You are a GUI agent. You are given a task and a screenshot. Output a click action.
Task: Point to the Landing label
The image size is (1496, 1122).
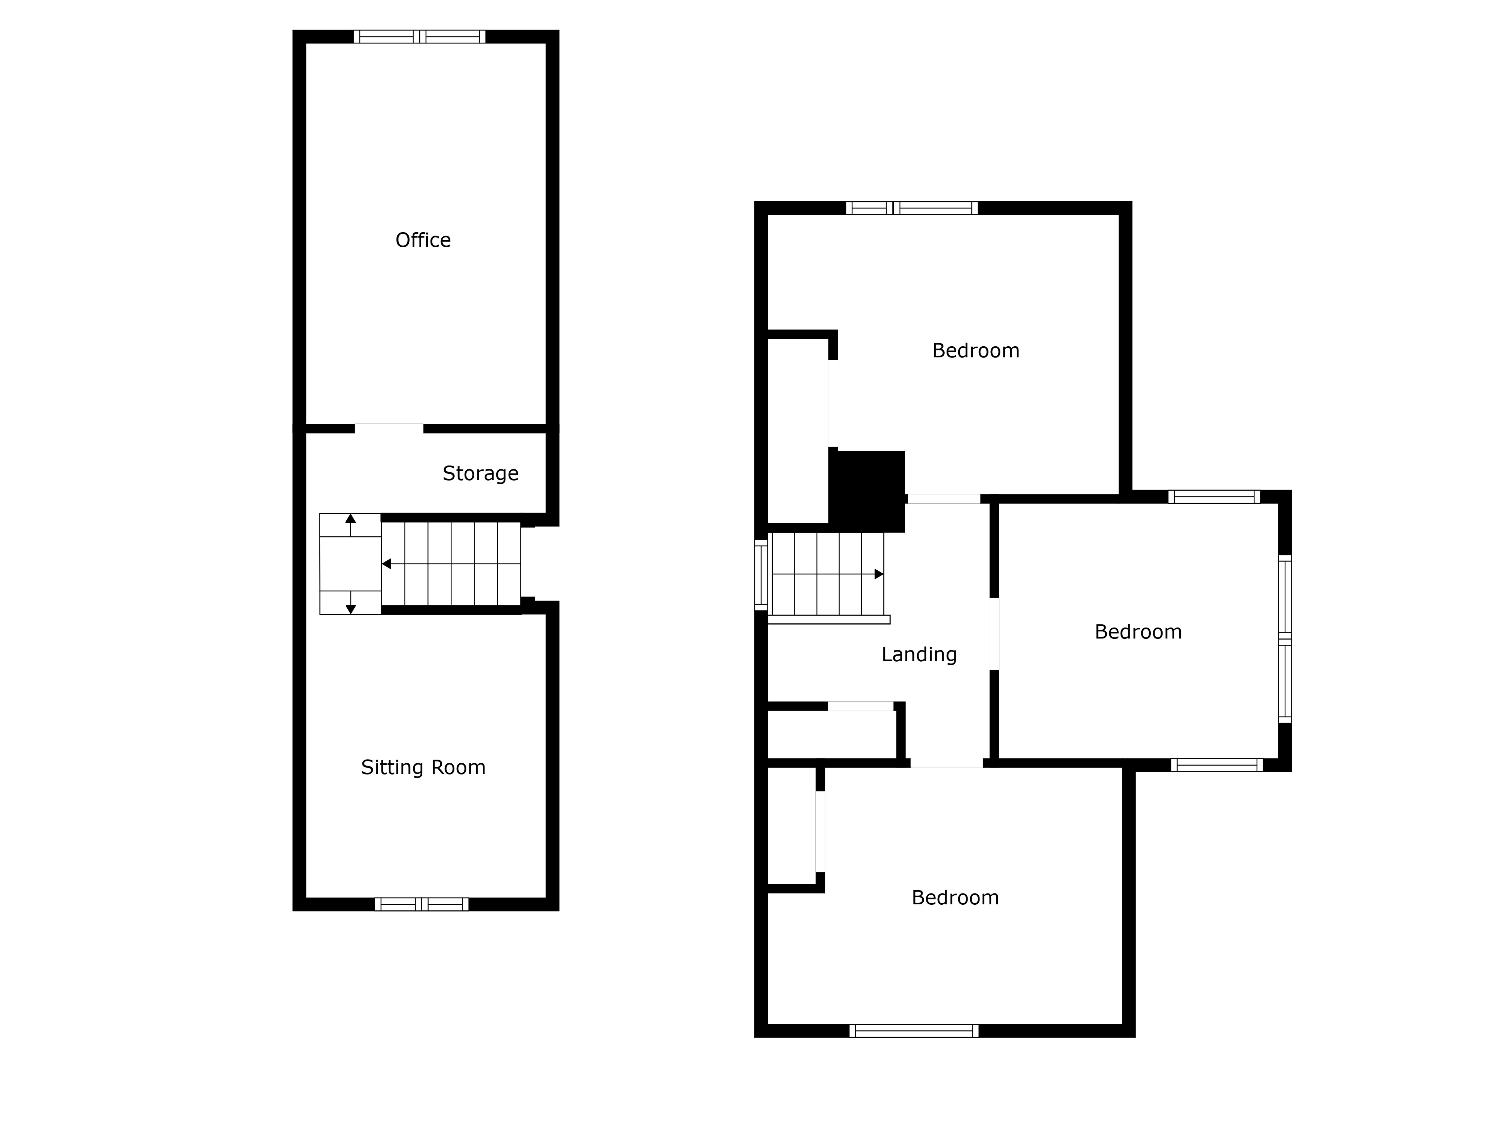[919, 654]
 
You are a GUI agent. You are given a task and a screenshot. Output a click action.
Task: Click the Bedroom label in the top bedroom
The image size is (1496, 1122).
[975, 350]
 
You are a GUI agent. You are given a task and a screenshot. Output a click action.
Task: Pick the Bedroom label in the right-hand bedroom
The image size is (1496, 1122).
[1138, 632]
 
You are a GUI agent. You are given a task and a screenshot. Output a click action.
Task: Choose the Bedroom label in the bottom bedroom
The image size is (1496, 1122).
[955, 898]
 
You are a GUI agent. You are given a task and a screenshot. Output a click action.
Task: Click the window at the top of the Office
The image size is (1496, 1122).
[419, 37]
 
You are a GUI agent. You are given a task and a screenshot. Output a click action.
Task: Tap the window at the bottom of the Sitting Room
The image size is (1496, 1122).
[421, 904]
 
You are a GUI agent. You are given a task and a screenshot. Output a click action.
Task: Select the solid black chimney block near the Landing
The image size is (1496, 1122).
[867, 491]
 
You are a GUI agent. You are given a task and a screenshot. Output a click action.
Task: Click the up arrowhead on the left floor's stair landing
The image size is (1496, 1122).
[350, 519]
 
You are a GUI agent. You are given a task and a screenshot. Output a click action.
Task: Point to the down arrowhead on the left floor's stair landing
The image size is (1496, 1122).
[350, 609]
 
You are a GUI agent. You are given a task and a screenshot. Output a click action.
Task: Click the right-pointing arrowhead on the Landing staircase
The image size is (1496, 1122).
[879, 574]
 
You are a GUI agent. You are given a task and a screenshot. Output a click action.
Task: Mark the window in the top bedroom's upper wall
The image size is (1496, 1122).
[912, 208]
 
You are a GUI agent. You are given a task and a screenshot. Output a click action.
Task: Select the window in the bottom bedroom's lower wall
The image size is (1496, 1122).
[914, 1031]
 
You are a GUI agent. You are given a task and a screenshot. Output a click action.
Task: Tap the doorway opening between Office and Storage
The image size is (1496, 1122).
[389, 428]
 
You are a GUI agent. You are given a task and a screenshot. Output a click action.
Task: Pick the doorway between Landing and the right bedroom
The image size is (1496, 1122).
[994, 634]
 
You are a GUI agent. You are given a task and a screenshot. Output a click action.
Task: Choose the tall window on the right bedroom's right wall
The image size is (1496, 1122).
[1285, 639]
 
